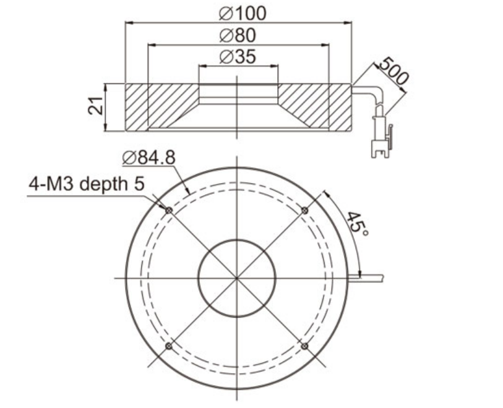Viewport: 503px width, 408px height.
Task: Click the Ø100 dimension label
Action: (243, 14)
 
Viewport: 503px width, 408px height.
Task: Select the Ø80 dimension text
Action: (238, 35)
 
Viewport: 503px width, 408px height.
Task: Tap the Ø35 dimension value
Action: (238, 57)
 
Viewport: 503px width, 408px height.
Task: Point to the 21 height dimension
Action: (96, 106)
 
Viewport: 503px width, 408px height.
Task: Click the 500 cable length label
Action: (393, 71)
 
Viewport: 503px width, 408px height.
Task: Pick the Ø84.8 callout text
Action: (149, 158)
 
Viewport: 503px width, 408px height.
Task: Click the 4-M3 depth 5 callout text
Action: (87, 184)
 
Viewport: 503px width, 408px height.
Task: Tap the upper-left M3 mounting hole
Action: (169, 210)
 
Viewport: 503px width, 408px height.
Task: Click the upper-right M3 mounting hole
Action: (305, 210)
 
